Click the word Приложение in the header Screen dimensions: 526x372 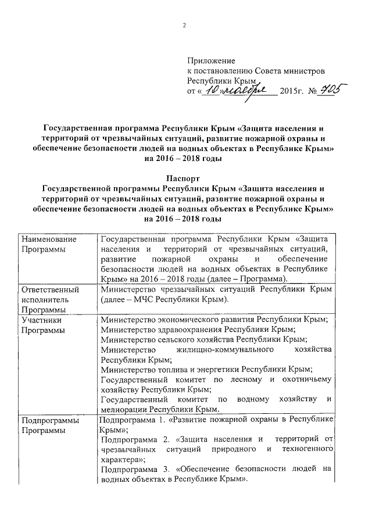pyautogui.click(x=210, y=60)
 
